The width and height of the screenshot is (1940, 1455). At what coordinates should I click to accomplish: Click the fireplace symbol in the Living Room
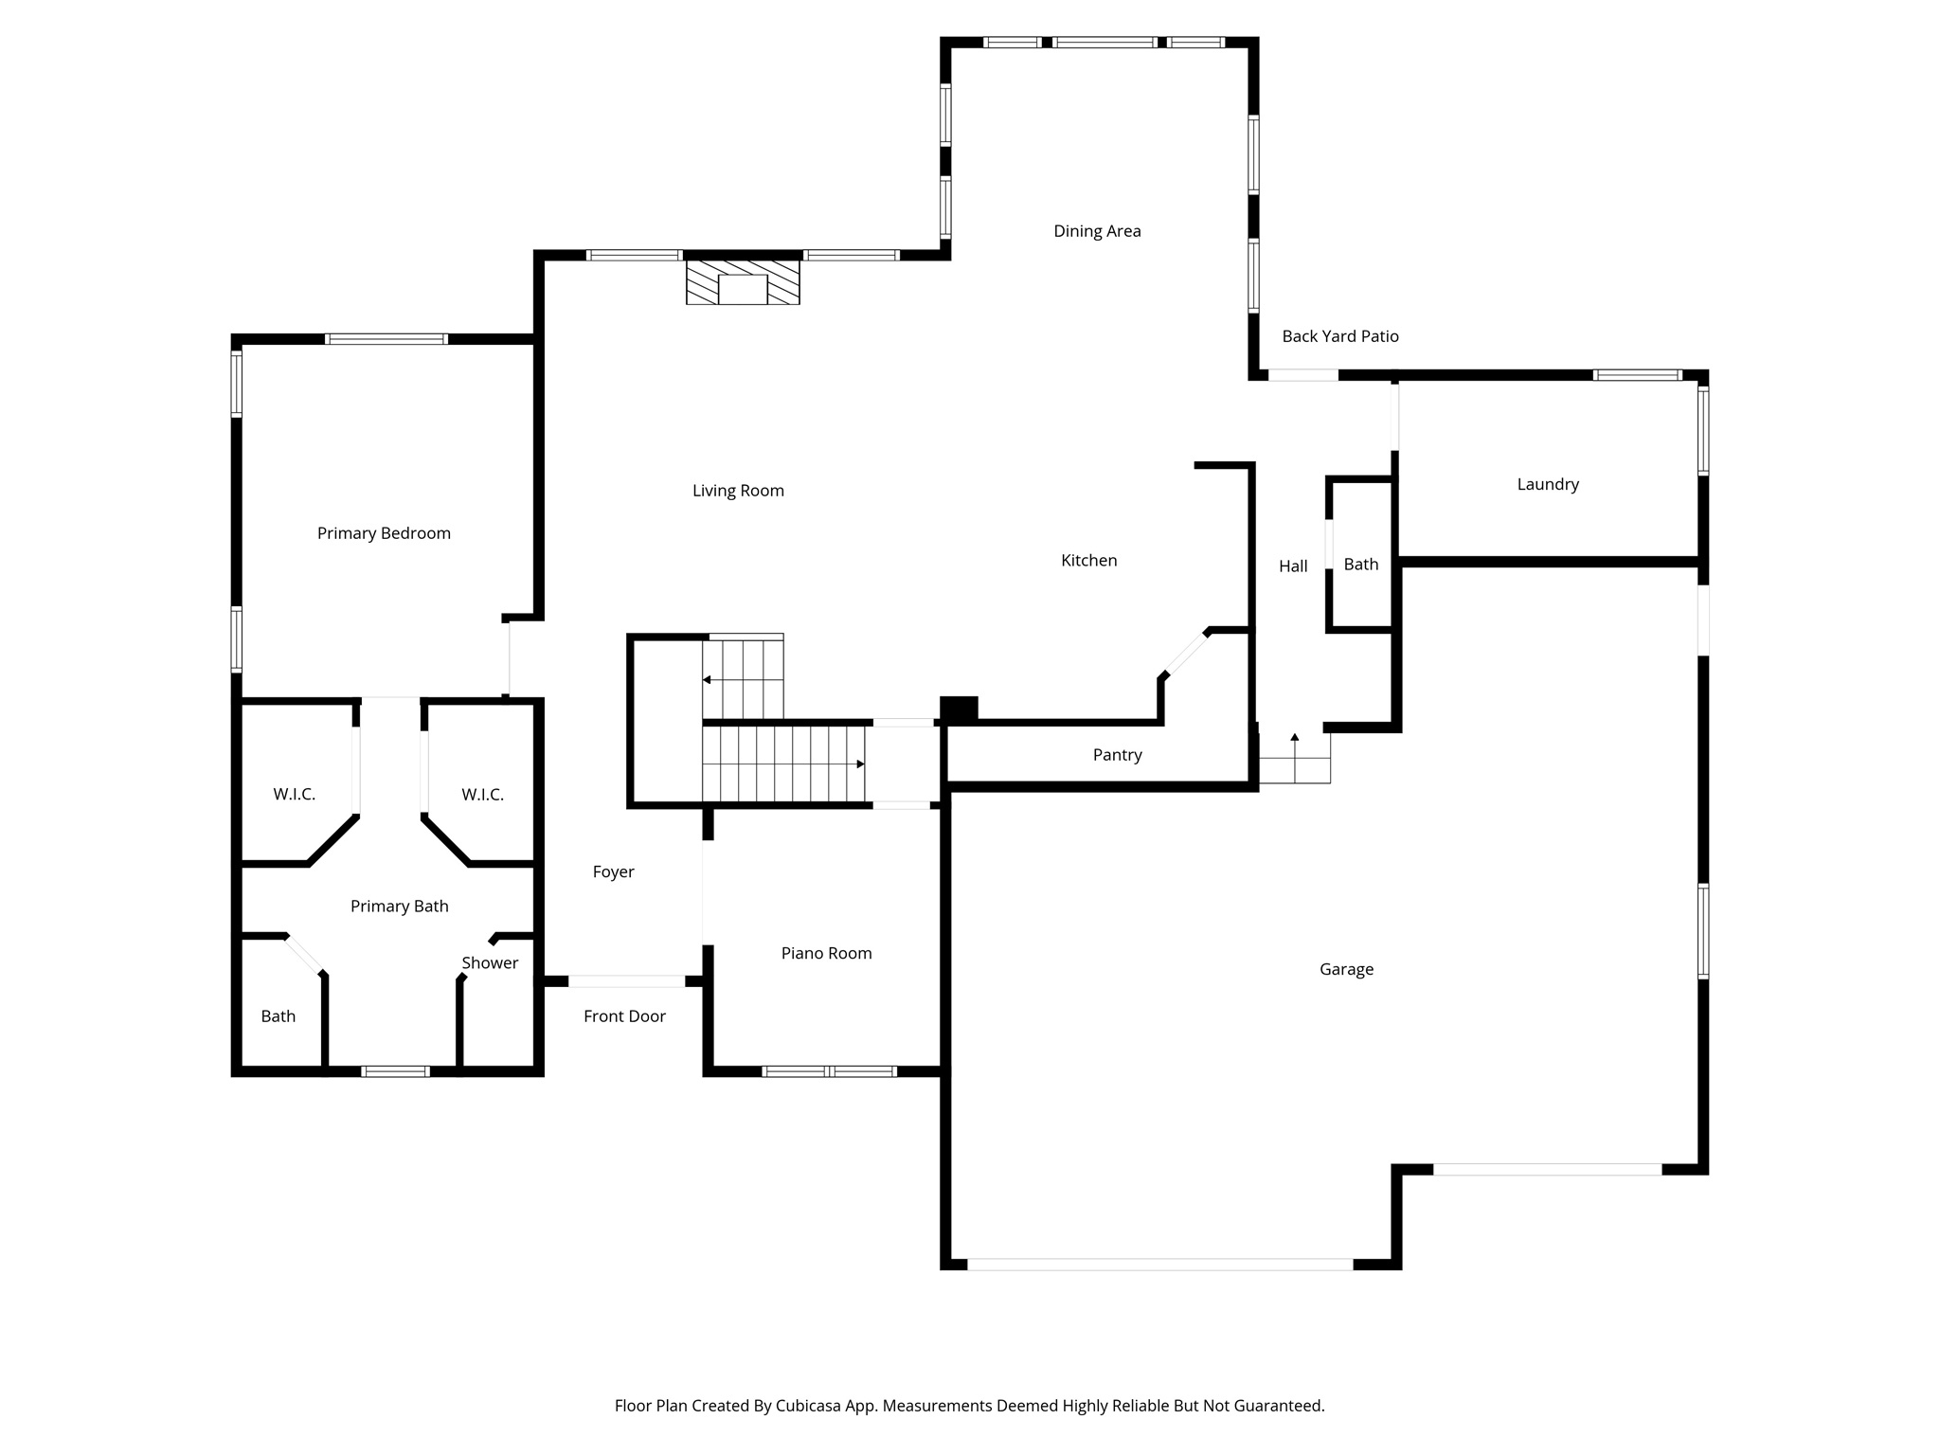[x=743, y=282]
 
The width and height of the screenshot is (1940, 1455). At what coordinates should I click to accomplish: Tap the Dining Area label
[x=1097, y=231]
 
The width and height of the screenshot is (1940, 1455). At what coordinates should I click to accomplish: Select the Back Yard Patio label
[x=1339, y=336]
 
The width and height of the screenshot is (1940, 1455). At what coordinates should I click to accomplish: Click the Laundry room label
[x=1548, y=484]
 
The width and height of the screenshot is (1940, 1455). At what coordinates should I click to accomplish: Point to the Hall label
[x=1293, y=566]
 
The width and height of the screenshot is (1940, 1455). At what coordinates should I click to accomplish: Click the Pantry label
[x=1117, y=755]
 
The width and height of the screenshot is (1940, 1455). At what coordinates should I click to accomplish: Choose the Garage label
[x=1346, y=969]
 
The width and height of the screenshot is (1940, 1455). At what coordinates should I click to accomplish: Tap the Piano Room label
[x=826, y=953]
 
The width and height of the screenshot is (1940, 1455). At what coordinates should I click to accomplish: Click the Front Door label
[x=624, y=1016]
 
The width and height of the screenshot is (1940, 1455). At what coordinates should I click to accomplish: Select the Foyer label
[x=613, y=871]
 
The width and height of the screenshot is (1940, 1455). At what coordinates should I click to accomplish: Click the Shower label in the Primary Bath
[x=490, y=962]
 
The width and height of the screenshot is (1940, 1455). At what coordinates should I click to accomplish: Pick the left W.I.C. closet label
[x=294, y=794]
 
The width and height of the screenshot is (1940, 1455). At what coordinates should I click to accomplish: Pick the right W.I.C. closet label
[x=482, y=794]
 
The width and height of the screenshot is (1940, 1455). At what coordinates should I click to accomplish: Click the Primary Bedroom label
[x=384, y=533]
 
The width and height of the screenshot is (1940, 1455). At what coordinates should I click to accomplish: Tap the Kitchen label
[x=1088, y=561]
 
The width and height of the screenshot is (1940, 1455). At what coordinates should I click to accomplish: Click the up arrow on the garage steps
[x=1295, y=737]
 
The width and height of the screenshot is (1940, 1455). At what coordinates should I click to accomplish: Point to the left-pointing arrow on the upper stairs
[x=708, y=679]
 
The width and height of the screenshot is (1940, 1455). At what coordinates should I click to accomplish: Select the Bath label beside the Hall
[x=1361, y=565]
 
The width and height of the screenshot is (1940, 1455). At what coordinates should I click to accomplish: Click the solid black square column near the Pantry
[x=959, y=708]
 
